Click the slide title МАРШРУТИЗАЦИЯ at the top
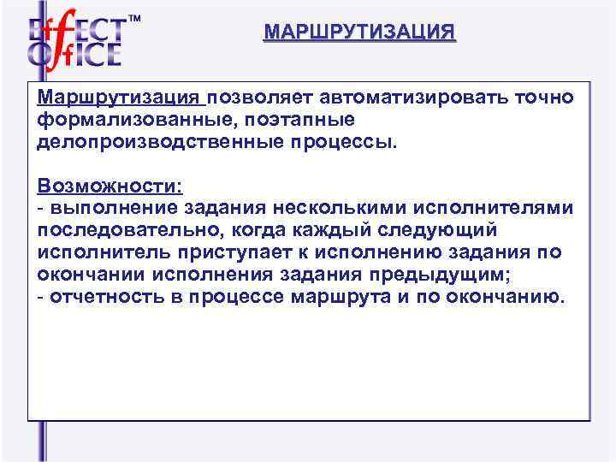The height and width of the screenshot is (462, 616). (359, 33)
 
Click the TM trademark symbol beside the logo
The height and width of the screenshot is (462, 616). (133, 18)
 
